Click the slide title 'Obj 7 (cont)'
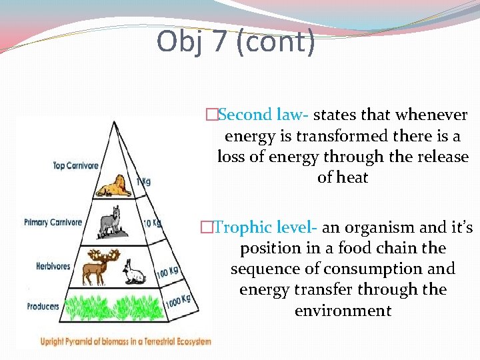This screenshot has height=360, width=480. pos(235,42)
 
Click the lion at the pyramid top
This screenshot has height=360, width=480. pos(114,186)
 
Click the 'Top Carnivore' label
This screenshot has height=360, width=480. pos(75,165)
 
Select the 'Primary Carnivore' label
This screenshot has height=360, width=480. pos(53,223)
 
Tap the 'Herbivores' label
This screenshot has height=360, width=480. pos(53,267)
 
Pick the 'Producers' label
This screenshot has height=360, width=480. pos(43,307)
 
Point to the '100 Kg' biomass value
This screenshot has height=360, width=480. pos(167,271)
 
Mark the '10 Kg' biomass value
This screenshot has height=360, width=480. pos(153,223)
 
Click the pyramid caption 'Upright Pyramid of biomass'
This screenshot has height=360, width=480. pos(125,341)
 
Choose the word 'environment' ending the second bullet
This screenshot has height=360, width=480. pos(343,311)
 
